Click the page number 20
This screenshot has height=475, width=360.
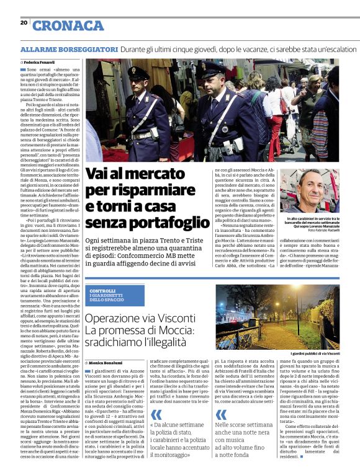pos(24,22)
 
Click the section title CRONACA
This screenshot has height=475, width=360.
pos(68,25)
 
